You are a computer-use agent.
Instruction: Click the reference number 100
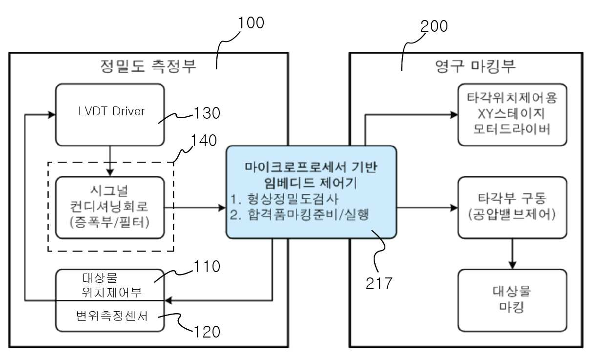(x=251, y=22)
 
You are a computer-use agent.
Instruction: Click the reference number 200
(x=434, y=26)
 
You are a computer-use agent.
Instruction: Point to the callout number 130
(x=207, y=113)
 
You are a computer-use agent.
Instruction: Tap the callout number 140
(x=204, y=140)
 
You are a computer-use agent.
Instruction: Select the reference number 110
(x=207, y=267)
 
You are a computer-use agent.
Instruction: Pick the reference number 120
(x=207, y=332)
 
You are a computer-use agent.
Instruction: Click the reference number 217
(x=379, y=283)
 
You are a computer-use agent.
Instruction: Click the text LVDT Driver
(x=111, y=111)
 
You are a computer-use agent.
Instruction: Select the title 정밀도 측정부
(x=148, y=66)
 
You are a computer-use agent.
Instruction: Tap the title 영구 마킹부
(x=475, y=66)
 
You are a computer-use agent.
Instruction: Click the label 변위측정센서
(x=112, y=316)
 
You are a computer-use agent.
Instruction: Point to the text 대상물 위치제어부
(x=112, y=285)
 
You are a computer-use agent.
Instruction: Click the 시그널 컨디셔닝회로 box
(x=110, y=208)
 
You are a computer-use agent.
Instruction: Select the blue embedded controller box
(x=311, y=192)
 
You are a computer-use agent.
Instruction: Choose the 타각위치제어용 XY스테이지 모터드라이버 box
(x=512, y=115)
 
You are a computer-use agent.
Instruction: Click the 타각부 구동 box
(x=512, y=208)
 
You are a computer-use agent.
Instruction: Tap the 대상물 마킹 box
(x=512, y=300)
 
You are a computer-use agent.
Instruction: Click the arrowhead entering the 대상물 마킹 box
(x=512, y=265)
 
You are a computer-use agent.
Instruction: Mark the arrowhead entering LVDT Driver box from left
(x=52, y=115)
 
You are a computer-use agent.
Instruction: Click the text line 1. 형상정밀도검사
(x=284, y=199)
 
